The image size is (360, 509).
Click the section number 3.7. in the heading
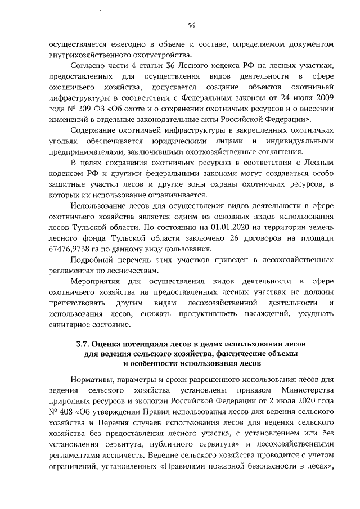point(84,344)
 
